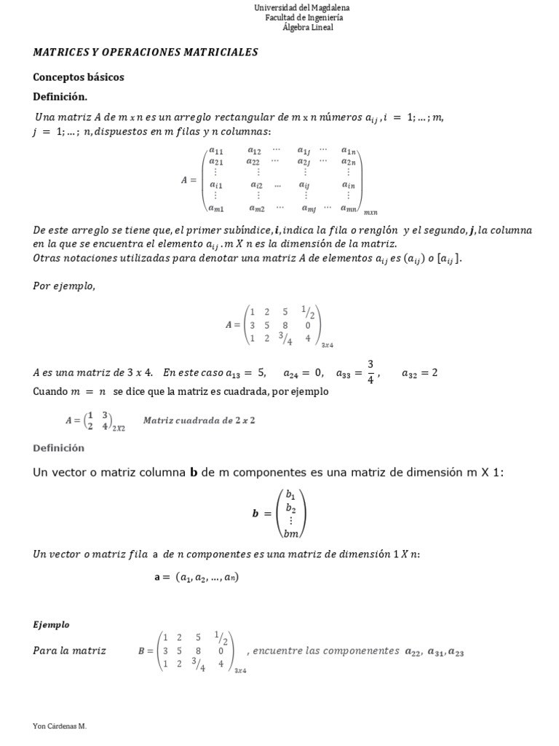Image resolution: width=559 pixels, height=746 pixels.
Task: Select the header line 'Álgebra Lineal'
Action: pyautogui.click(x=308, y=28)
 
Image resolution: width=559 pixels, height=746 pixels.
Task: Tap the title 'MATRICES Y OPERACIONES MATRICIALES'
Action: pyautogui.click(x=146, y=52)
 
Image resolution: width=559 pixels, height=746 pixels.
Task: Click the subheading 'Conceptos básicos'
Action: pyautogui.click(x=79, y=76)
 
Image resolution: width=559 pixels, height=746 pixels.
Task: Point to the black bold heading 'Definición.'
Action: pyautogui.click(x=60, y=96)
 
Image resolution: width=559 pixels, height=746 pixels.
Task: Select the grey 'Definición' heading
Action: pyautogui.click(x=58, y=448)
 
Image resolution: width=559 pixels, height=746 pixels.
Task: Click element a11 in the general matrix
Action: pyautogui.click(x=216, y=151)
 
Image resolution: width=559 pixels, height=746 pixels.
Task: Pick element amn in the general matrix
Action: pyautogui.click(x=348, y=209)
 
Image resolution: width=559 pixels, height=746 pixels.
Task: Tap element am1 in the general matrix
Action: pyautogui.click(x=216, y=209)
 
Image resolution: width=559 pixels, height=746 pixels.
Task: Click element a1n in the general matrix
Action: pyautogui.click(x=349, y=151)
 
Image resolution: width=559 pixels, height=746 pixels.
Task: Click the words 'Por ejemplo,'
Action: pyautogui.click(x=64, y=286)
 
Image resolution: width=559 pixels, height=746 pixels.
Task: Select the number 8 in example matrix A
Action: pyautogui.click(x=285, y=326)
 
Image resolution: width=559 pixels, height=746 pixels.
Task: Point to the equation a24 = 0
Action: pyautogui.click(x=304, y=373)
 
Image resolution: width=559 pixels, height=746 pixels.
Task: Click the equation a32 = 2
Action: pyautogui.click(x=419, y=373)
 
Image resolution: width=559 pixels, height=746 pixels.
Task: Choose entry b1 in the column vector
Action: pyautogui.click(x=290, y=493)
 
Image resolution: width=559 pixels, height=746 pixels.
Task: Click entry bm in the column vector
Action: pyautogui.click(x=291, y=533)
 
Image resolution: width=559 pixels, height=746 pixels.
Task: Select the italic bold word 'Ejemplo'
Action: pyautogui.click(x=51, y=624)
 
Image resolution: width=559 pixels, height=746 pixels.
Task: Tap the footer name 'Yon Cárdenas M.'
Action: pyautogui.click(x=60, y=726)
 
